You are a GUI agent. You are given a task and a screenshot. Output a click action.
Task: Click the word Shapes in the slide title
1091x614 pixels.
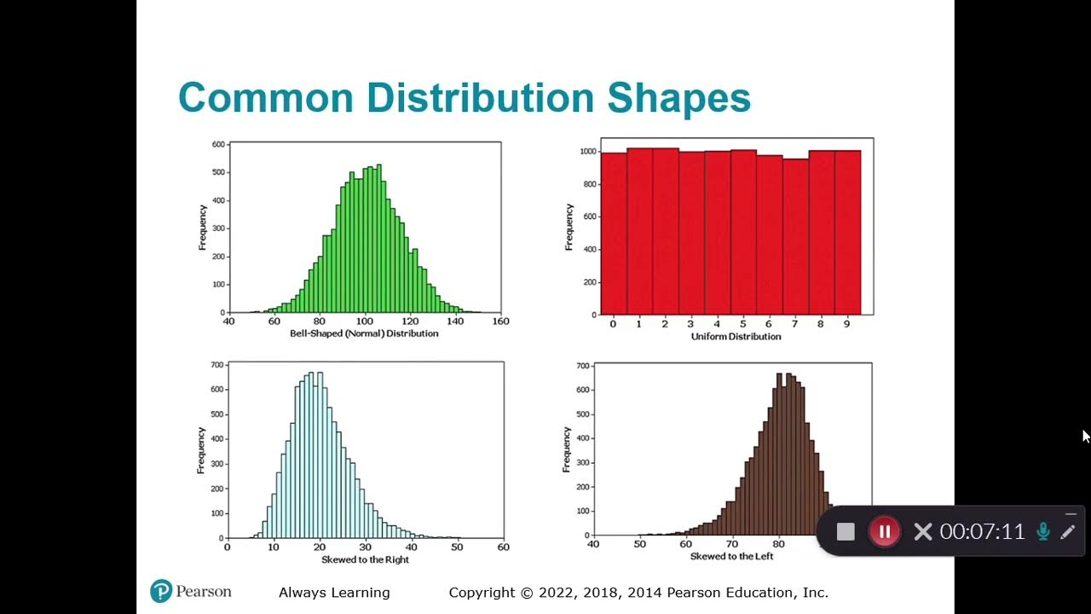point(678,98)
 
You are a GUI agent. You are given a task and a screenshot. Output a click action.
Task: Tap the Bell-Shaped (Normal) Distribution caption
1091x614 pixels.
point(364,333)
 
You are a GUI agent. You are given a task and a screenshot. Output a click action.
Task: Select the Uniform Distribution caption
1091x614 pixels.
point(736,336)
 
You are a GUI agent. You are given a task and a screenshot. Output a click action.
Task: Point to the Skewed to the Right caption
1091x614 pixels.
point(365,559)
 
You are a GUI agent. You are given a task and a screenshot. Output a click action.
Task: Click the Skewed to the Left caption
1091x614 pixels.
point(733,556)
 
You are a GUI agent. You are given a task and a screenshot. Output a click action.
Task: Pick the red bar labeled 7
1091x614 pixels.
point(795,236)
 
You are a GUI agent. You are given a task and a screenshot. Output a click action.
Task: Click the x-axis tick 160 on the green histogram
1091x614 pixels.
point(500,321)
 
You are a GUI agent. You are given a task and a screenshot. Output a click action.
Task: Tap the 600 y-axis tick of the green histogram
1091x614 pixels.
point(218,145)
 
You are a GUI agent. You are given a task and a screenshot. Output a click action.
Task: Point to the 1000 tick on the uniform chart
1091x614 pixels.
point(586,152)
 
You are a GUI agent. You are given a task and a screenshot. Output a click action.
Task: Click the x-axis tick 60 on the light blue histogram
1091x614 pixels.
point(503,547)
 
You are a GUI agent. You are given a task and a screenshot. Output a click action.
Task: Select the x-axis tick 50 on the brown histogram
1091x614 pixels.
point(639,543)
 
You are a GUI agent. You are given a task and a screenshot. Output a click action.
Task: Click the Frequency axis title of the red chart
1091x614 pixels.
point(569,227)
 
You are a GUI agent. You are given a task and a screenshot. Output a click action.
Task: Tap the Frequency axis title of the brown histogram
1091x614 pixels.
point(567,449)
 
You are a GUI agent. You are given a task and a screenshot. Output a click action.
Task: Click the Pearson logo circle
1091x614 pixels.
point(161,591)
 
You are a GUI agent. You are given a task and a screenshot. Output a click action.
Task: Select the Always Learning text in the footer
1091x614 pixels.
point(334,593)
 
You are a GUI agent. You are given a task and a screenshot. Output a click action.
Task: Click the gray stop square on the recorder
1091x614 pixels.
point(846,532)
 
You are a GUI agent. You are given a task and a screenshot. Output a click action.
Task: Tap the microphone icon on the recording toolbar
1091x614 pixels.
point(1042,532)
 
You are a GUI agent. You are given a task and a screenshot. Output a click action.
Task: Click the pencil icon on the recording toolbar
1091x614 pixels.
point(1067,532)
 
